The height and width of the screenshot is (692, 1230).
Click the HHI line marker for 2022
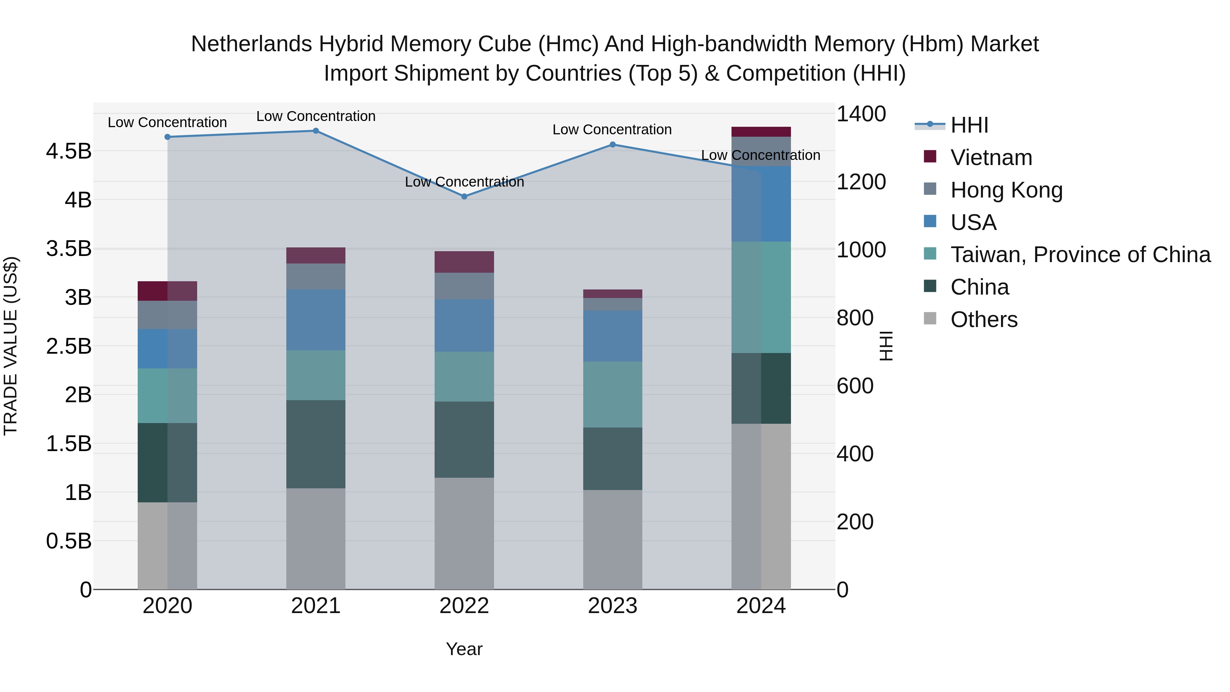point(464,196)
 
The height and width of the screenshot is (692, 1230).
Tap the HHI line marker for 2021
point(316,131)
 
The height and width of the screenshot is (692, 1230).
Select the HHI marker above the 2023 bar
point(613,144)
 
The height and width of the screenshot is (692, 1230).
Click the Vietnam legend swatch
point(930,157)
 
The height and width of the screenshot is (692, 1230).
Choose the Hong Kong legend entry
point(1006,190)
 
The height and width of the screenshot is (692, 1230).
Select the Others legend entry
point(984,319)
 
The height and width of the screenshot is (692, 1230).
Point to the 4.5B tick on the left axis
point(68,151)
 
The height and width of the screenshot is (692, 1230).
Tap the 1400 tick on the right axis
point(861,114)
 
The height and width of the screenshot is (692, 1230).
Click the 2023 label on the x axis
point(613,606)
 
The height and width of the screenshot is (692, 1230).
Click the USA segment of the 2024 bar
point(761,204)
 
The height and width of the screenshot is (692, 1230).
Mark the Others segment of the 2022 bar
point(464,533)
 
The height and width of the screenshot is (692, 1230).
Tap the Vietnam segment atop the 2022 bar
point(464,262)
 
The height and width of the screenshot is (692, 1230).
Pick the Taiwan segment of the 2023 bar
point(613,394)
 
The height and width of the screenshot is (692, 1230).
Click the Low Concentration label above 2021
point(316,116)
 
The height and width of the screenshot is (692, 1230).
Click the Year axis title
point(464,649)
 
